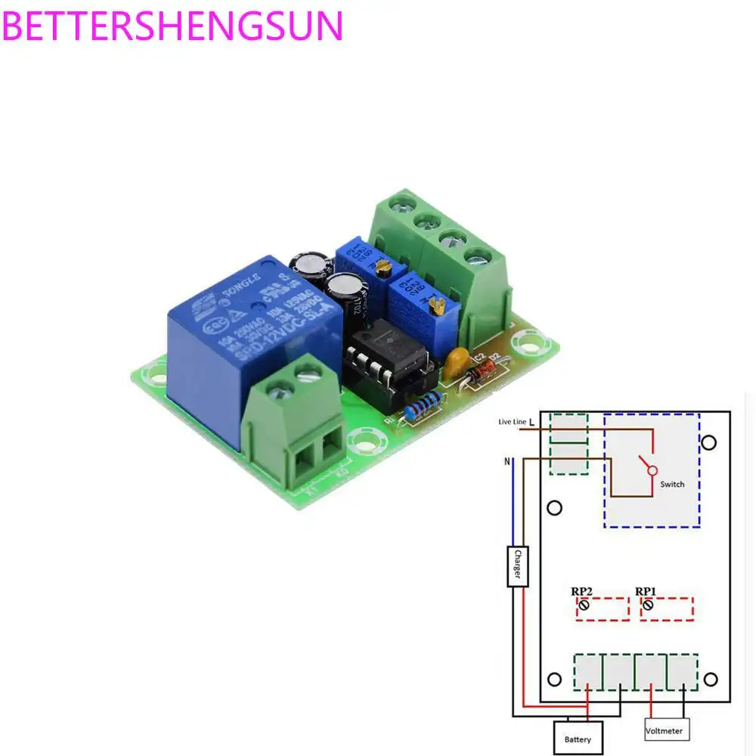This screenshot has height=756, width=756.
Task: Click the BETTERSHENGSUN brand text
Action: pyautogui.click(x=174, y=26)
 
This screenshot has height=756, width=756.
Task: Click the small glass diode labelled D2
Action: pyautogui.click(x=482, y=373)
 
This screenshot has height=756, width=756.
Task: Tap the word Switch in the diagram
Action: pyautogui.click(x=672, y=484)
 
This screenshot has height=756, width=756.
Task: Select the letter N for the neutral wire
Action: pyautogui.click(x=507, y=460)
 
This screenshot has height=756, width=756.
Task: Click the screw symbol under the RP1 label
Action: pyautogui.click(x=647, y=606)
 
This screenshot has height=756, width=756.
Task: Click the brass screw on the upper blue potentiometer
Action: pyautogui.click(x=385, y=266)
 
